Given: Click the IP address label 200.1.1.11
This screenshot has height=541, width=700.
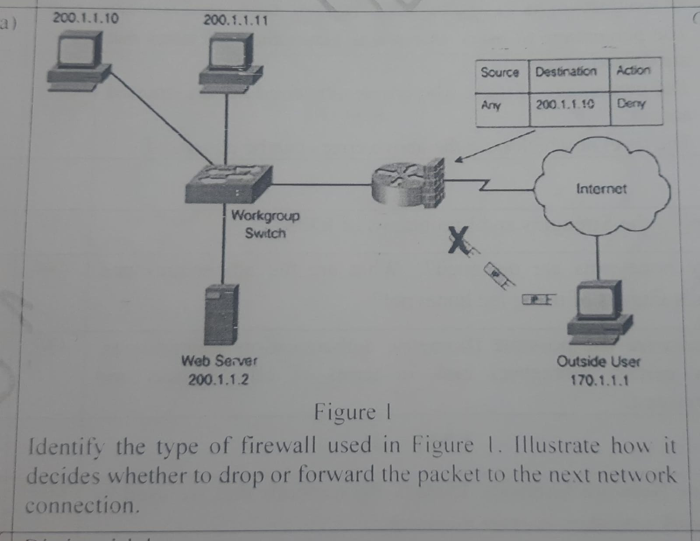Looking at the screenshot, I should (235, 20).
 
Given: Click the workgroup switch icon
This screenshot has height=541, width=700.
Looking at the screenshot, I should (228, 183).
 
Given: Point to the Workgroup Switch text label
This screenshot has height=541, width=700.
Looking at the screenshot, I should (266, 224).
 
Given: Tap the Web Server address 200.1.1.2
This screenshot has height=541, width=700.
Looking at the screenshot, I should (218, 380).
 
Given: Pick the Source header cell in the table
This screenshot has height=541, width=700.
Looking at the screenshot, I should (500, 72).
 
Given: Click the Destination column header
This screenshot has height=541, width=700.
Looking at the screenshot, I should (566, 71).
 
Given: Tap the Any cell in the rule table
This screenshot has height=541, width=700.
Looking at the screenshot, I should (491, 105).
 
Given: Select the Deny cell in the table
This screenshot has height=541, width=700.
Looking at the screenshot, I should (631, 104).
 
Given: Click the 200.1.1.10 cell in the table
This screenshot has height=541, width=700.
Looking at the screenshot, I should (565, 105).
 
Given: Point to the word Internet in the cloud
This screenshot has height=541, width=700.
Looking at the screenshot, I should (601, 189).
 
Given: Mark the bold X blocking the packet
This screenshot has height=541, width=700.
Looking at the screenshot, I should (458, 240).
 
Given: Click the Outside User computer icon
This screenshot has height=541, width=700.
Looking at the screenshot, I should (599, 310).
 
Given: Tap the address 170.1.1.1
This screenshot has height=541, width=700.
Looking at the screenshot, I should (599, 380).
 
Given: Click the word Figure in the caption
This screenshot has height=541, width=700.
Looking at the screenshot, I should (345, 412).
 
